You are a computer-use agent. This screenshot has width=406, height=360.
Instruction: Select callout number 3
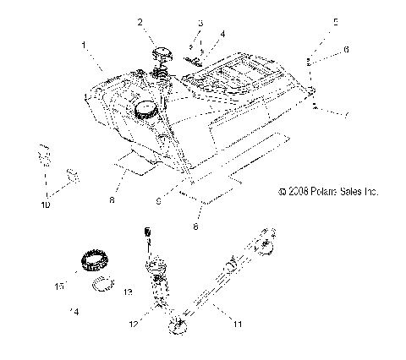click(200, 23)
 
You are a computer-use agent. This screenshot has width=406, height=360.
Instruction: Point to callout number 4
click(222, 35)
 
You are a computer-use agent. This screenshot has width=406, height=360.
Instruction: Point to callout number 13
click(129, 292)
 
